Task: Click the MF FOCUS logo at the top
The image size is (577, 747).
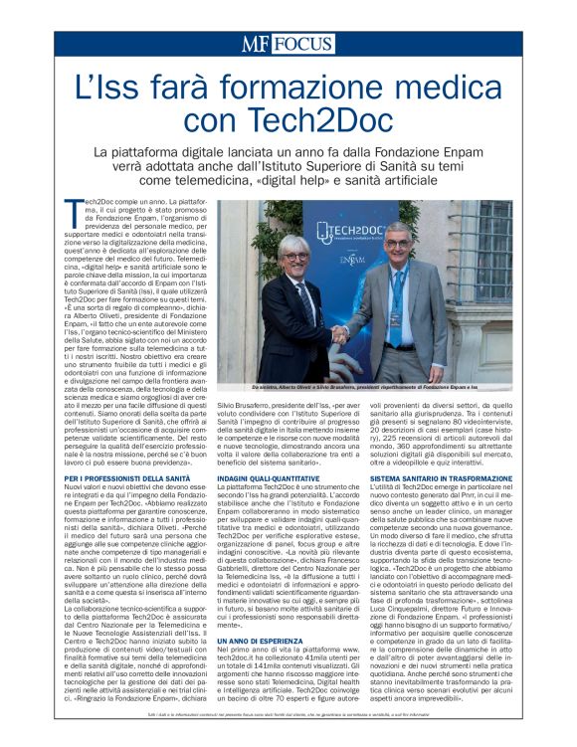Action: [288, 44]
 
